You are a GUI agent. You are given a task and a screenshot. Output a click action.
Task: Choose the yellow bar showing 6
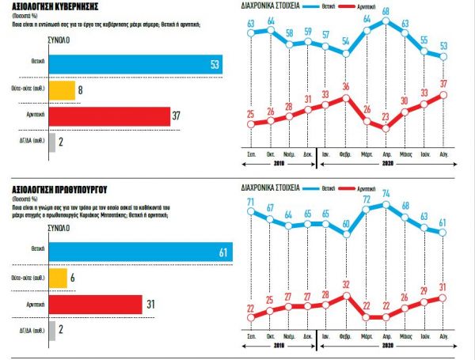(58, 279)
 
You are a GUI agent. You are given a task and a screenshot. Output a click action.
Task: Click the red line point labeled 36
(345, 97)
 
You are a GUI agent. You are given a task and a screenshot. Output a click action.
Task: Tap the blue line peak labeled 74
(386, 204)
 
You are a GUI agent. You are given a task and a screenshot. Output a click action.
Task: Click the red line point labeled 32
(345, 295)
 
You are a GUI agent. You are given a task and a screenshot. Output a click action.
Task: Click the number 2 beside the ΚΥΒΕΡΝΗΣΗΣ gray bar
(61, 142)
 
